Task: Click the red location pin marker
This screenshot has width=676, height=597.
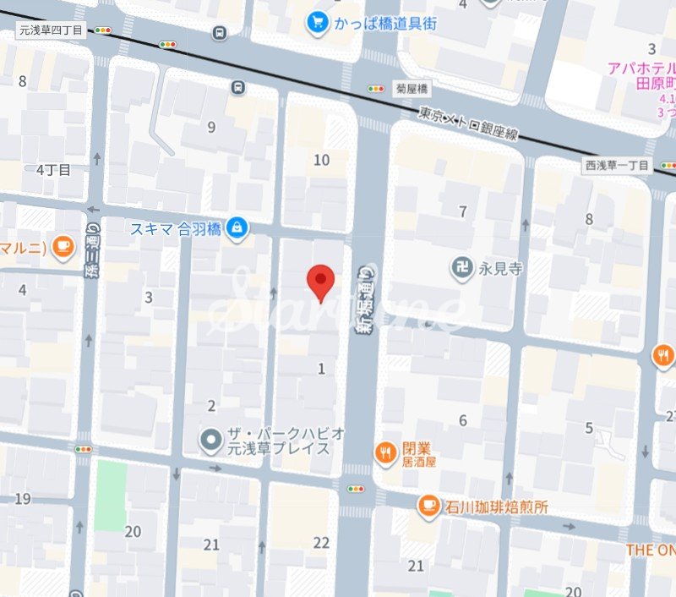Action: click(319, 282)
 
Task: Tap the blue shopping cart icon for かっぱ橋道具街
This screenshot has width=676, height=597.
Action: click(318, 23)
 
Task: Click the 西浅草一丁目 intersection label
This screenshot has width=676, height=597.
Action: click(616, 166)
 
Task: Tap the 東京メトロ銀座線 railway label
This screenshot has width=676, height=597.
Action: click(469, 123)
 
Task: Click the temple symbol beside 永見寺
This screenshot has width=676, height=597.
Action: click(461, 267)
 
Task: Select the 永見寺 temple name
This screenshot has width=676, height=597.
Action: click(502, 269)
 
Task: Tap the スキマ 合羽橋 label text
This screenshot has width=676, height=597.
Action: click(175, 228)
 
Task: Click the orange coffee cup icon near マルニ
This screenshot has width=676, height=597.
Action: click(62, 246)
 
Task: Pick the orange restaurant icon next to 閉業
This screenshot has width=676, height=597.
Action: click(386, 452)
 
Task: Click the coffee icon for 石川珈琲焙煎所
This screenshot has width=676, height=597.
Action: click(428, 506)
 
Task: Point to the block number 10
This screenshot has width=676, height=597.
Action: click(321, 160)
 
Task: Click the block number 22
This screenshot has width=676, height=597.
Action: click(321, 543)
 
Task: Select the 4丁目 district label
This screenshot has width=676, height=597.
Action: click(53, 169)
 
